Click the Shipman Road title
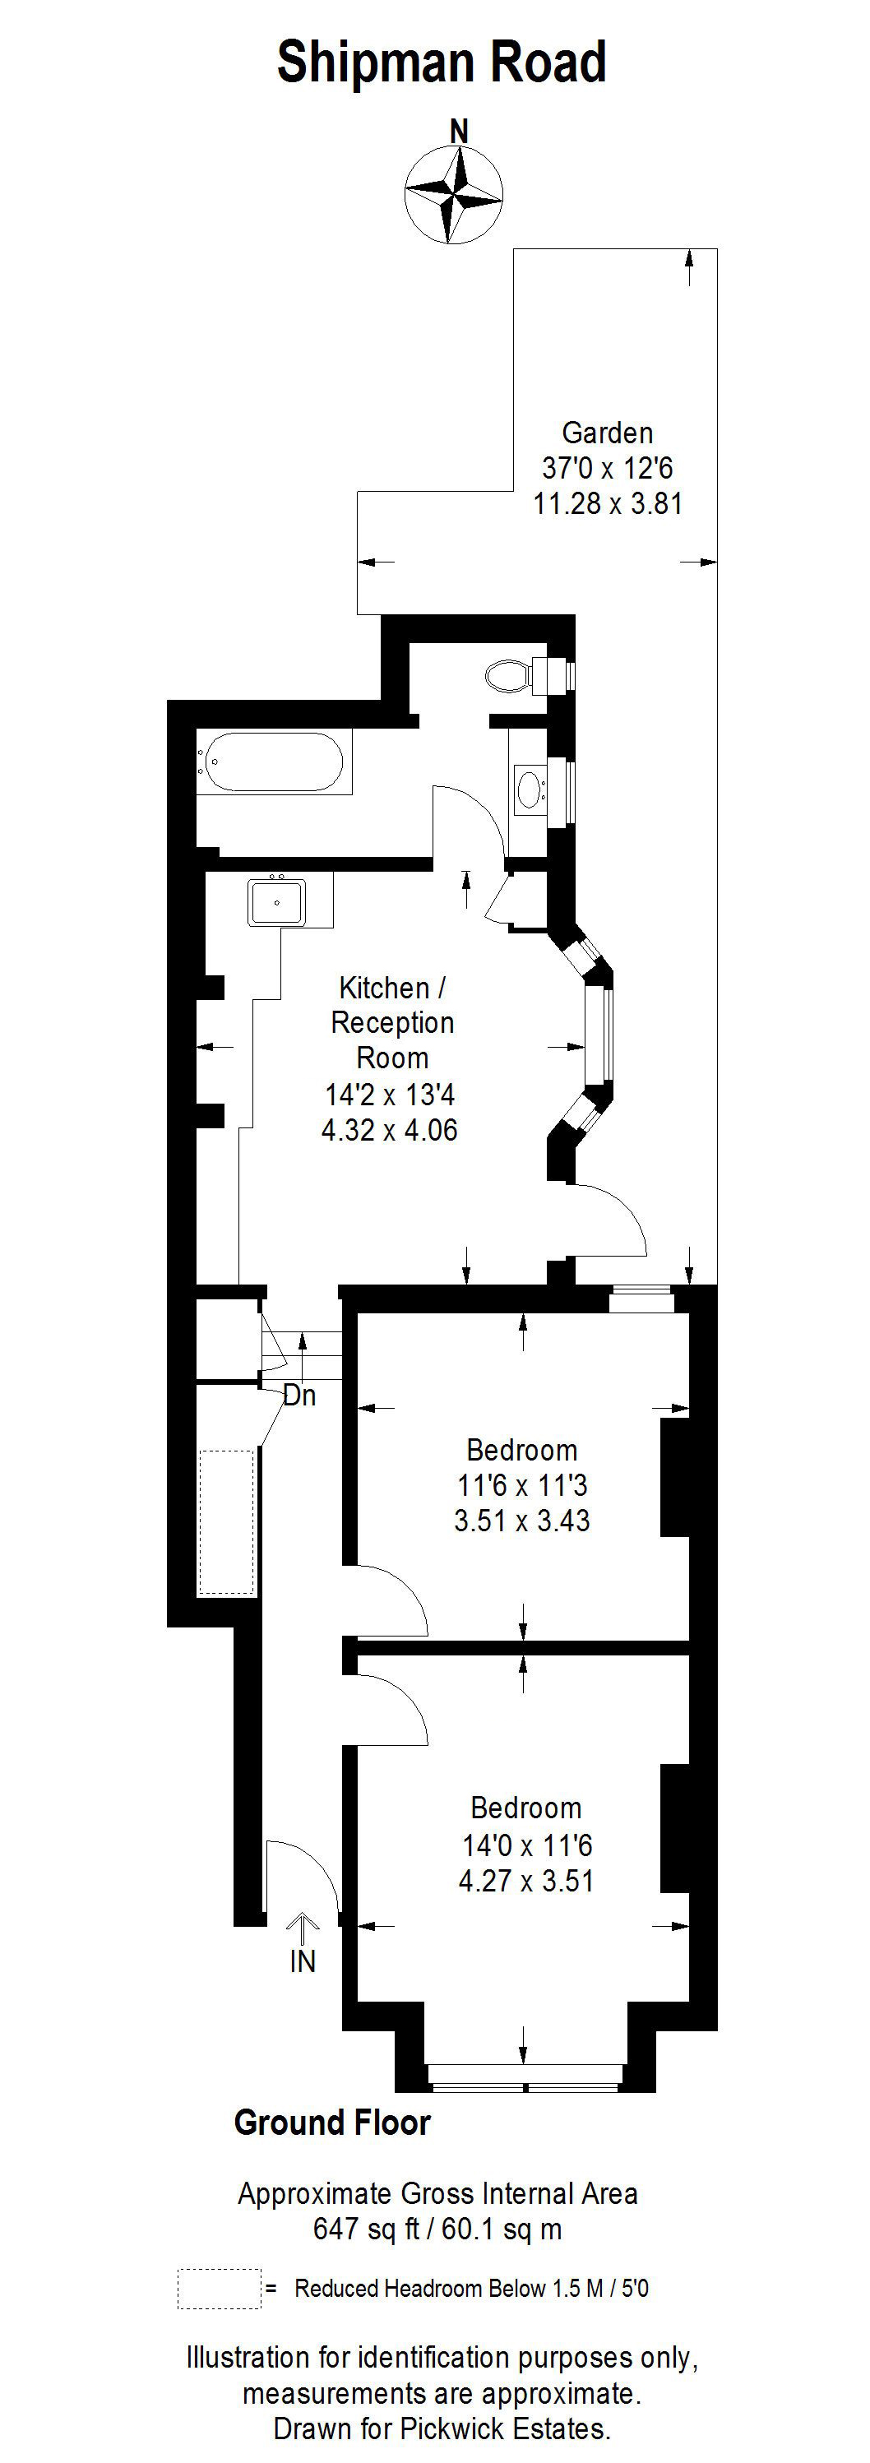pos(441,63)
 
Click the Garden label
pos(607,433)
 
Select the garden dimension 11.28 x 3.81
pos(607,504)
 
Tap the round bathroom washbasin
pos(528,789)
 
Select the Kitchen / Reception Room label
pos(392,1022)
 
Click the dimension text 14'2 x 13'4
pos(390,1094)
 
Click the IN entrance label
pos(302,1963)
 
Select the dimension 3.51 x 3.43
pos(522,1521)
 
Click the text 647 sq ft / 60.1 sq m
pos(437,2229)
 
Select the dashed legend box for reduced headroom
pos(219,2289)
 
